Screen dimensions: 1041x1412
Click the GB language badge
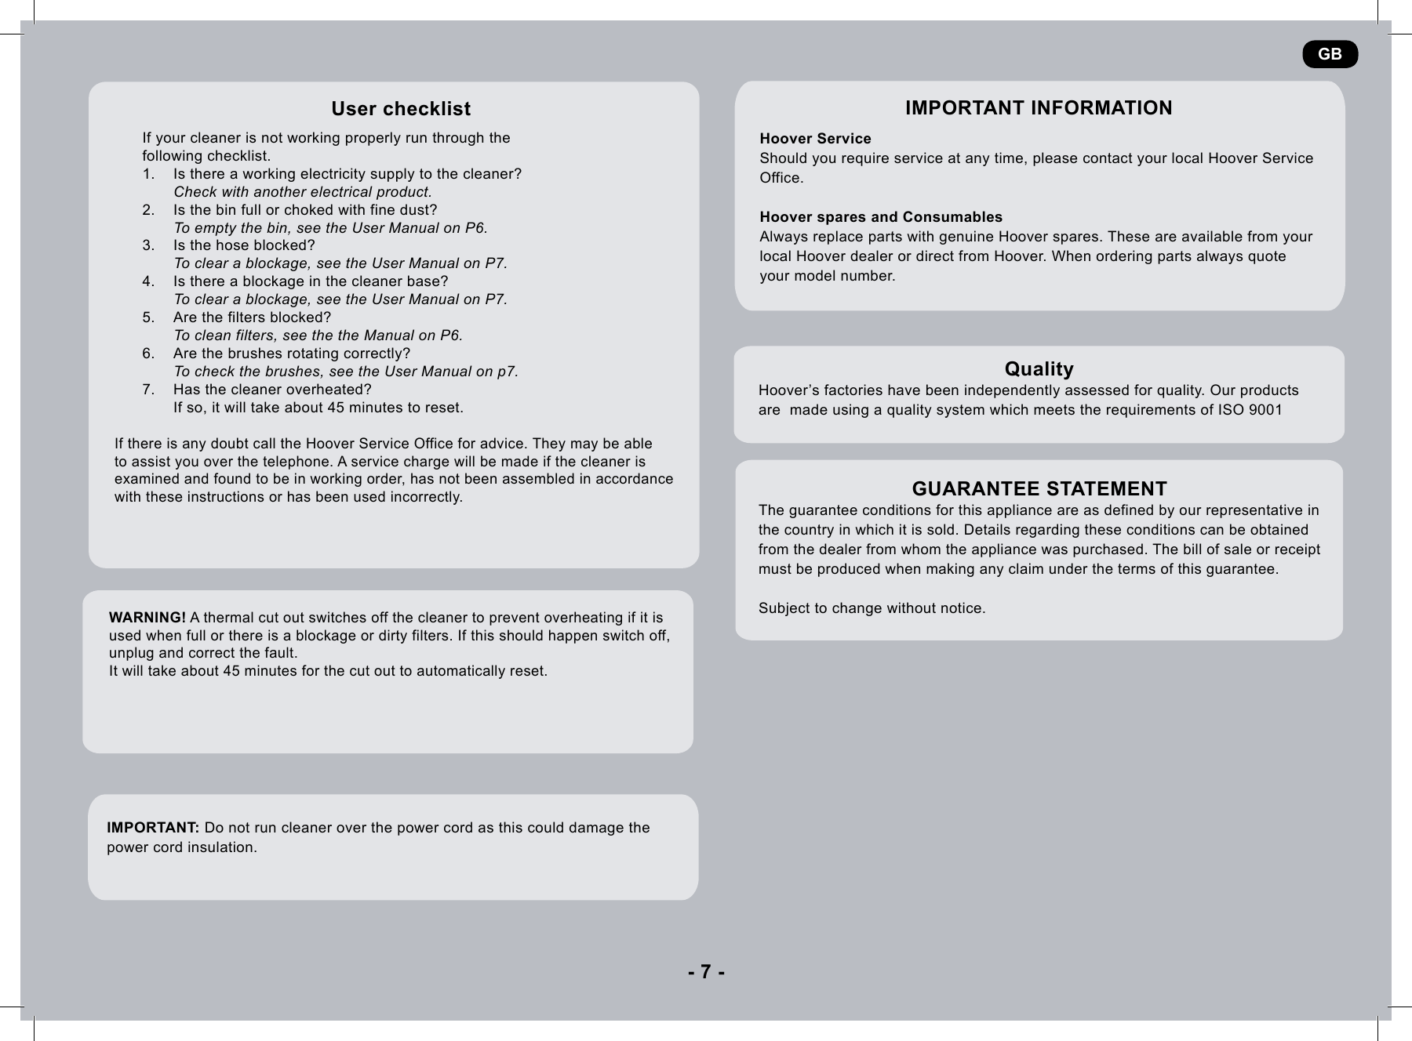click(x=1330, y=54)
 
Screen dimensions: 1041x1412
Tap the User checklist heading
click(x=401, y=109)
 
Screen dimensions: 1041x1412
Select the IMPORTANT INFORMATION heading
click(x=1039, y=108)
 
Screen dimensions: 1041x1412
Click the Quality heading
click(x=1039, y=369)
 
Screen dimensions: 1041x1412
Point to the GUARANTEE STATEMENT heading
click(x=1039, y=489)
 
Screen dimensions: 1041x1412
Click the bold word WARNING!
click(x=147, y=618)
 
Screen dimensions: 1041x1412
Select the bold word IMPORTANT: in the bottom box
click(x=153, y=828)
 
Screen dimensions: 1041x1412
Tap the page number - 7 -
click(x=706, y=972)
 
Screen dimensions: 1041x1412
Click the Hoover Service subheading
click(x=815, y=139)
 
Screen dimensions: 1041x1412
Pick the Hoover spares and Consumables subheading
click(x=880, y=217)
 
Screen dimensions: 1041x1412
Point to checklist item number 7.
click(x=148, y=390)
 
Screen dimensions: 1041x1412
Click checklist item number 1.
click(x=148, y=174)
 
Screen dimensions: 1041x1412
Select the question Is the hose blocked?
click(x=244, y=245)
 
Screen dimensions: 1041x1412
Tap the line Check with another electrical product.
click(x=302, y=192)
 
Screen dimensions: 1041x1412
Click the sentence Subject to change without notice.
click(x=872, y=608)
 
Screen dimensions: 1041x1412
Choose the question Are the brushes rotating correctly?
click(x=291, y=354)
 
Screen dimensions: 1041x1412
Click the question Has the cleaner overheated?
click(x=272, y=390)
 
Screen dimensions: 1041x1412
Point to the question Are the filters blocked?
click(x=252, y=317)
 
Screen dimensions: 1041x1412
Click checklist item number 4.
click(x=148, y=281)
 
